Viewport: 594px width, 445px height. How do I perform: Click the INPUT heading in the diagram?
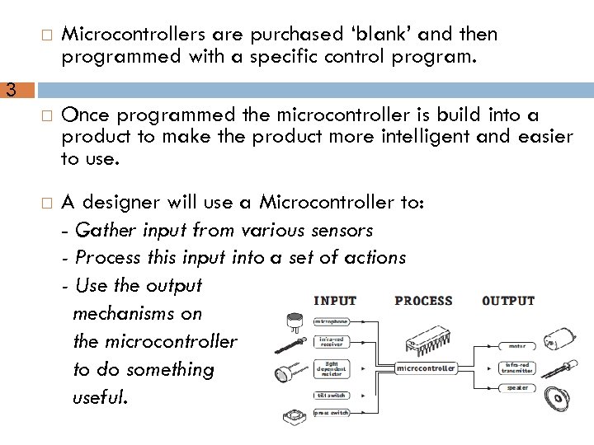(x=335, y=301)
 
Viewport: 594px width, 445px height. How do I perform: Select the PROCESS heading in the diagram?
(x=423, y=301)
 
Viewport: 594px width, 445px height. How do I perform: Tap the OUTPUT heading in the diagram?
(x=508, y=301)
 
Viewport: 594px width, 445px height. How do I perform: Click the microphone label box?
(x=332, y=321)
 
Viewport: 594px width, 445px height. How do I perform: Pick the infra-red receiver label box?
(x=332, y=340)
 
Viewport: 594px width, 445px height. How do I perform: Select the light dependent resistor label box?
(x=332, y=368)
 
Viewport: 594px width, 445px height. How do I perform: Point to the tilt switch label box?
(x=332, y=396)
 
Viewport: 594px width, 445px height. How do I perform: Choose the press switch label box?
(x=332, y=412)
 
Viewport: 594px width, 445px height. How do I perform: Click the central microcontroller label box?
(x=426, y=368)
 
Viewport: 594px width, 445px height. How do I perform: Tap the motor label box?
(x=517, y=346)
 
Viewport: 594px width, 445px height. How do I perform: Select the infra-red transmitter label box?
(x=517, y=368)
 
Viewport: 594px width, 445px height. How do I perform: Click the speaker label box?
(x=517, y=387)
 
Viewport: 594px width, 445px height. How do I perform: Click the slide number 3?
(x=11, y=90)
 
